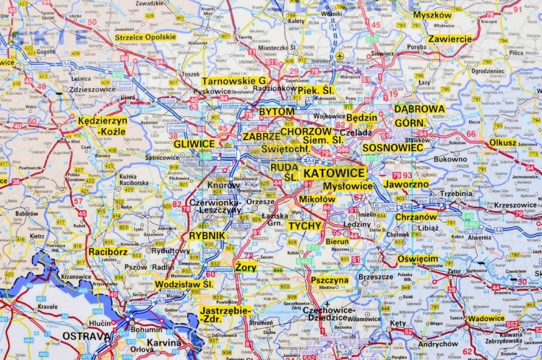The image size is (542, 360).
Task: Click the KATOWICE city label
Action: pyautogui.click(x=334, y=173)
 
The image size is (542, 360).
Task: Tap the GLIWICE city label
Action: pyautogui.click(x=194, y=144)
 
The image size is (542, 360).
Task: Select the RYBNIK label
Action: pyautogui.click(x=207, y=236)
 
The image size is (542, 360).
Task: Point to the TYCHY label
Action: pyautogui.click(x=304, y=226)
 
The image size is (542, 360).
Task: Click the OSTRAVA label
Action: pyautogui.click(x=87, y=336)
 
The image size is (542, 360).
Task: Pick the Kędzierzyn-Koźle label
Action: pyautogui.click(x=102, y=127)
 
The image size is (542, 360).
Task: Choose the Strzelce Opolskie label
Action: pyautogui.click(x=145, y=37)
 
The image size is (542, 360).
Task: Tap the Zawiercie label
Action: pyautogui.click(x=449, y=39)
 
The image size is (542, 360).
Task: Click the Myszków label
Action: pyautogui.click(x=432, y=15)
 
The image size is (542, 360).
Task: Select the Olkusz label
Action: pyautogui.click(x=502, y=142)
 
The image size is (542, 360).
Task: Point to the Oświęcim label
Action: pyautogui.click(x=418, y=259)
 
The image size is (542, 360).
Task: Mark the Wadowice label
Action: pyautogui.click(x=486, y=318)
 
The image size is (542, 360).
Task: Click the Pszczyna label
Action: pyautogui.click(x=330, y=280)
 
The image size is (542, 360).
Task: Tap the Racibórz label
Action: pyautogui.click(x=108, y=252)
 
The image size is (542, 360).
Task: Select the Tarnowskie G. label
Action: pyautogui.click(x=235, y=81)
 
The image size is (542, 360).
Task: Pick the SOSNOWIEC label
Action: pyautogui.click(x=392, y=147)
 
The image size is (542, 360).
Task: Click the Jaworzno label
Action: pyautogui.click(x=405, y=184)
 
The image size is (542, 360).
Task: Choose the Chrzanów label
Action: pyautogui.click(x=416, y=216)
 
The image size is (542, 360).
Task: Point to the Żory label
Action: pyautogui.click(x=246, y=267)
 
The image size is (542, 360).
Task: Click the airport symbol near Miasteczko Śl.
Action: pyautogui.click(x=339, y=56)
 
